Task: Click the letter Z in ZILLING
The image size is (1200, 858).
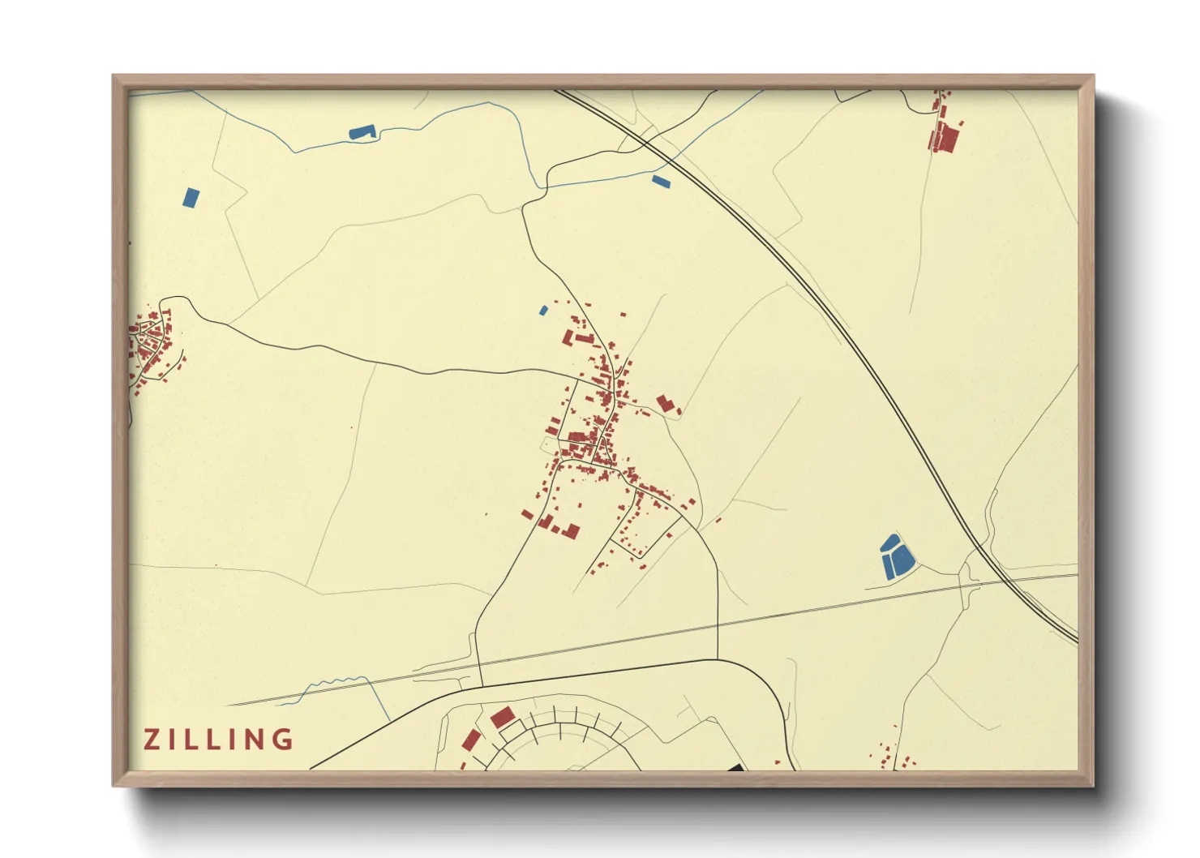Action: pos(152,740)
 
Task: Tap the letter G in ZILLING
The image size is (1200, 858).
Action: pos(282,740)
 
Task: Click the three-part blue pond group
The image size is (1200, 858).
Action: pos(896,557)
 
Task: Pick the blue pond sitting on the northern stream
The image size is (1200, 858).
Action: pos(362,131)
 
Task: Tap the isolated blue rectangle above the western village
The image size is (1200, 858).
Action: pos(191,197)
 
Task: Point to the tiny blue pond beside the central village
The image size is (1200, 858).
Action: pos(543,310)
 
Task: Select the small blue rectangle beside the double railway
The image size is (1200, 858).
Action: pos(661,182)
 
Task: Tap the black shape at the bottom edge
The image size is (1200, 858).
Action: pos(735,766)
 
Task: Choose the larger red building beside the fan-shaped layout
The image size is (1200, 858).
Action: pos(502,717)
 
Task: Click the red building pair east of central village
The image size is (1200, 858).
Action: pos(666,404)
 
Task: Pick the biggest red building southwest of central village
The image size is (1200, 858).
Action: pos(571,531)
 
